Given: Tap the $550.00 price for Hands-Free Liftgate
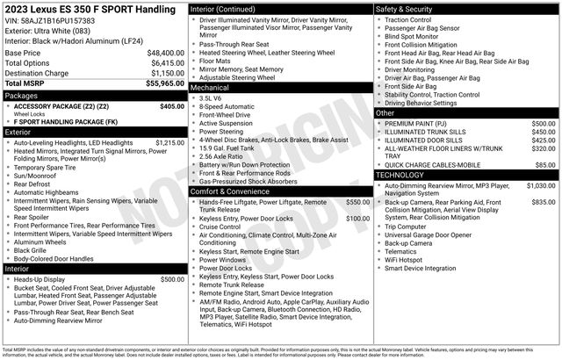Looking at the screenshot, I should (x=357, y=202).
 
